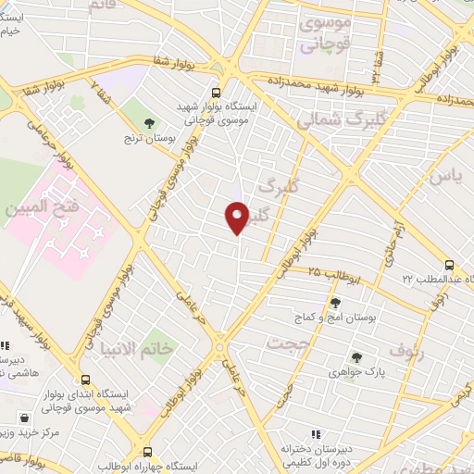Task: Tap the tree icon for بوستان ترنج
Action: coord(149,123)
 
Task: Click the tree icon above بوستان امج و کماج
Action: coord(335,302)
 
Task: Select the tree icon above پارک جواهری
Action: coord(355,357)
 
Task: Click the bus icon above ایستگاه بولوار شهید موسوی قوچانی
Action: coord(216,93)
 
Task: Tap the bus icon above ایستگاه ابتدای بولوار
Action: coord(86,380)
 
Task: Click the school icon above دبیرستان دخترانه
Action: coord(316,433)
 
